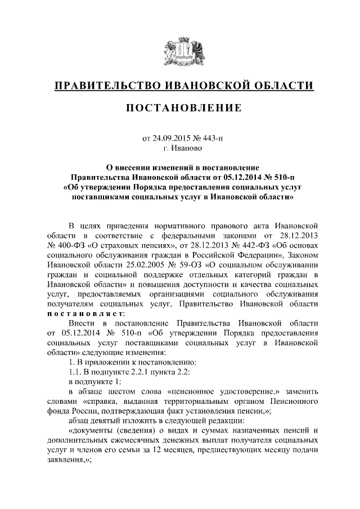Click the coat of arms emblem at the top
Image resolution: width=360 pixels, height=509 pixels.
180,51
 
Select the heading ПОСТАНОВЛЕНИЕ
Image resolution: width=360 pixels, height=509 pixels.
180,107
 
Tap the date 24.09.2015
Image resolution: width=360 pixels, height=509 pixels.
172,138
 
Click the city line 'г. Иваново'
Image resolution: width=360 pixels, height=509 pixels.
180,148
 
